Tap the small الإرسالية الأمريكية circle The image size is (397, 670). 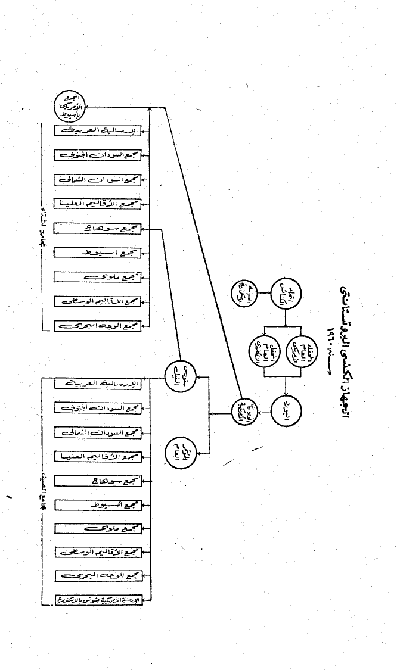tap(245, 409)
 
